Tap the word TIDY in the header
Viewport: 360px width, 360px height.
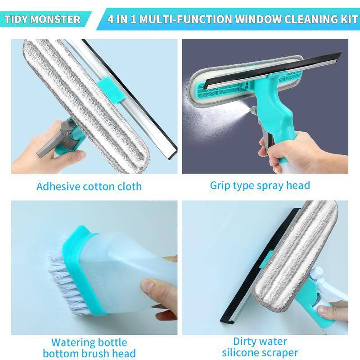[x=20, y=19]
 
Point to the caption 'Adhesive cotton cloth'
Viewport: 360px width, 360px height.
[x=89, y=186]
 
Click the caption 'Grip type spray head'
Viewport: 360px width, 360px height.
[x=260, y=185]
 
